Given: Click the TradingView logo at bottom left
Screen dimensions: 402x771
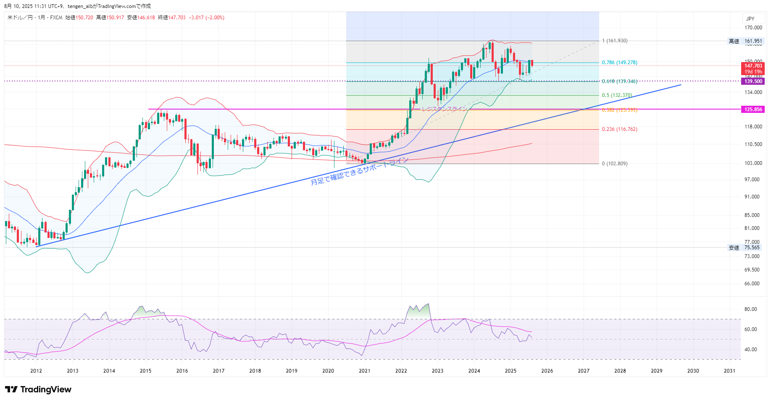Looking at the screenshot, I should (38, 389).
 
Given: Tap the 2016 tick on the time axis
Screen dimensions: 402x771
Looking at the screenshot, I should (182, 371).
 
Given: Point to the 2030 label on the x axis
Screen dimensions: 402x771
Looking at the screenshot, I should (693, 371).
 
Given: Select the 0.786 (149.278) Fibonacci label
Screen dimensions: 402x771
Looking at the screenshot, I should (619, 63).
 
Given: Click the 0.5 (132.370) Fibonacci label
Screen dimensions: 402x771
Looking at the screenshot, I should (617, 95).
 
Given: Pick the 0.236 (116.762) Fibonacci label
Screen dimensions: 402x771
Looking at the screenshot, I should (619, 129).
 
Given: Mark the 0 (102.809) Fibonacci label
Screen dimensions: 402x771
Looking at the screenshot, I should (615, 164).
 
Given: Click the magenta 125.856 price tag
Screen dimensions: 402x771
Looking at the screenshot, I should (753, 110).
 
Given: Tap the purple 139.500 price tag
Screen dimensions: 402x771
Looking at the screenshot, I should (753, 81).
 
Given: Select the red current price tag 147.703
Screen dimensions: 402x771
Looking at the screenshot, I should (753, 66).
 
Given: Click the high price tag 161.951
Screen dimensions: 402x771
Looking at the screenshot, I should (753, 41).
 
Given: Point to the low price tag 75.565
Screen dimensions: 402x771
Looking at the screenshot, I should (752, 248).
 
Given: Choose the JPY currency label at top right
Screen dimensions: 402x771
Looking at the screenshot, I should (750, 19).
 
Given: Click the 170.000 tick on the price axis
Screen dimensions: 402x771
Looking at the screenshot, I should (753, 28).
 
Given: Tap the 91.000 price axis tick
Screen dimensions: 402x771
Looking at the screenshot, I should (752, 197).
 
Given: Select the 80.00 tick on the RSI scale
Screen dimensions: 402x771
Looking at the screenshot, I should (750, 309).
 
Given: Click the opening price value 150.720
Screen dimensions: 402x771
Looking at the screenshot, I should (84, 18).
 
